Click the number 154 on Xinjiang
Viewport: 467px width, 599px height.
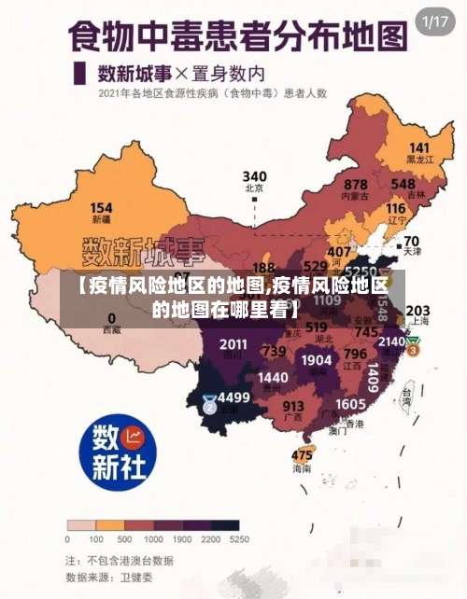point(101,207)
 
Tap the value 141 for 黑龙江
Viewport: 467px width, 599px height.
point(419,148)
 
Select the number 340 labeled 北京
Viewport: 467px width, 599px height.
point(254,175)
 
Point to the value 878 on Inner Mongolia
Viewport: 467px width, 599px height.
point(355,185)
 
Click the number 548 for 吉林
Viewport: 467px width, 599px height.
point(403,184)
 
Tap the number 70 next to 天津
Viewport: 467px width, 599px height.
point(411,240)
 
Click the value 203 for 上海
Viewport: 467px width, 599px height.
point(417,311)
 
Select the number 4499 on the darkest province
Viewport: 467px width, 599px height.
point(233,397)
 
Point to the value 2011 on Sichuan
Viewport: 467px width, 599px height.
point(233,344)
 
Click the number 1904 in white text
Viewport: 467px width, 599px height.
point(317,359)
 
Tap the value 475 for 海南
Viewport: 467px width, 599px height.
point(302,455)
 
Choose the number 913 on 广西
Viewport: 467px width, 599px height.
point(293,406)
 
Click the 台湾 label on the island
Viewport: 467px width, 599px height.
point(406,394)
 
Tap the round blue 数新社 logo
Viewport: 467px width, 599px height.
point(116,453)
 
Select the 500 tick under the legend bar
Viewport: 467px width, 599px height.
point(123,539)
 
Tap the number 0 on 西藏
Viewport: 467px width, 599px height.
point(111,317)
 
